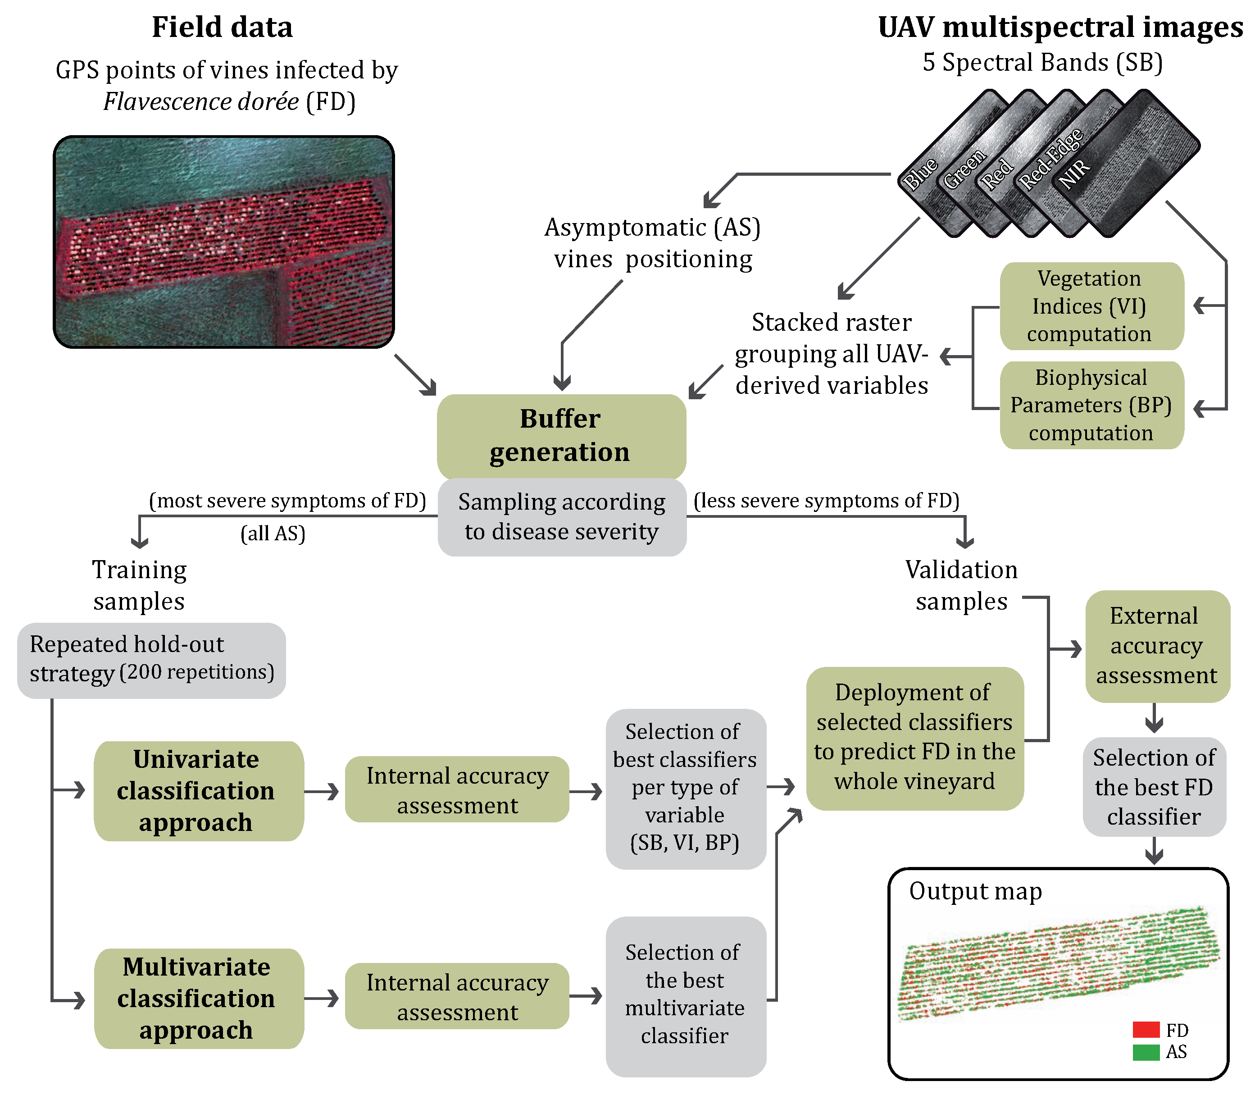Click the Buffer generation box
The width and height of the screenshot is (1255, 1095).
(561, 436)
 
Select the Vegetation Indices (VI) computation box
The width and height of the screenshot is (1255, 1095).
(1091, 306)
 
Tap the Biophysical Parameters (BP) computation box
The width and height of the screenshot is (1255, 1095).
(1091, 405)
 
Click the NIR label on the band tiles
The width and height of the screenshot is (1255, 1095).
(1075, 173)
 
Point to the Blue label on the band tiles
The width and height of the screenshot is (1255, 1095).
(920, 173)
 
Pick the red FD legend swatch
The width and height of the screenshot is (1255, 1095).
(1145, 1030)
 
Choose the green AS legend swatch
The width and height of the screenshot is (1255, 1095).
(1145, 1052)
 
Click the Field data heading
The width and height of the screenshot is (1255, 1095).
(222, 27)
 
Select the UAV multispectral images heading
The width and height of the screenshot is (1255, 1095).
(1060, 27)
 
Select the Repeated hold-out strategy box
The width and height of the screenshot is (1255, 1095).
(151, 660)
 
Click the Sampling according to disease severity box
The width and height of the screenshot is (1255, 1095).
(562, 517)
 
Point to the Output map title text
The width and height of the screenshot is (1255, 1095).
(975, 891)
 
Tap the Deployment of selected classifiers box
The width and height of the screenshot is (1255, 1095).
(914, 738)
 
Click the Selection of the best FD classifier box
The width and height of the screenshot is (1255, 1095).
(1154, 787)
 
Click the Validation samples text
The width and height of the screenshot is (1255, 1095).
(961, 585)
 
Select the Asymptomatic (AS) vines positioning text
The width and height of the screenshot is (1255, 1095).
(653, 243)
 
